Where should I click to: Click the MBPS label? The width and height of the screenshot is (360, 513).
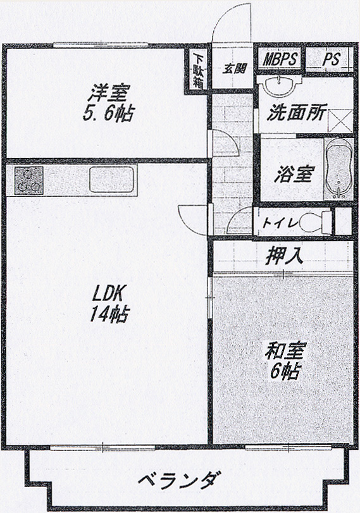pos(280,59)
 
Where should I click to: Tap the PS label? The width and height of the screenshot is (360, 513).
pos(332,59)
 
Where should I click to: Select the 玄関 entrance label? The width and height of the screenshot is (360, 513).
pos(234,68)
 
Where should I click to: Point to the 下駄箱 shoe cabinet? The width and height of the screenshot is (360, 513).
pos(197,71)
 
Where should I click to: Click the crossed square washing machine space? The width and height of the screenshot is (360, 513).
pos(340,121)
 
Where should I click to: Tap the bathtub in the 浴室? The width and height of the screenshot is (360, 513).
pos(339,169)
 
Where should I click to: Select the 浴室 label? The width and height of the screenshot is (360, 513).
pos(294,174)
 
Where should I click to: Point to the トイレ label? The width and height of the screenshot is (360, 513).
pos(280,223)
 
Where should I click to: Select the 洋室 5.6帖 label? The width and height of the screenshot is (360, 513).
pos(109,102)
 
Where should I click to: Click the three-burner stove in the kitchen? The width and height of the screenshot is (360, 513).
pos(29,181)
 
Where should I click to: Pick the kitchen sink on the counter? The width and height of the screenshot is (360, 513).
pos(111,180)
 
